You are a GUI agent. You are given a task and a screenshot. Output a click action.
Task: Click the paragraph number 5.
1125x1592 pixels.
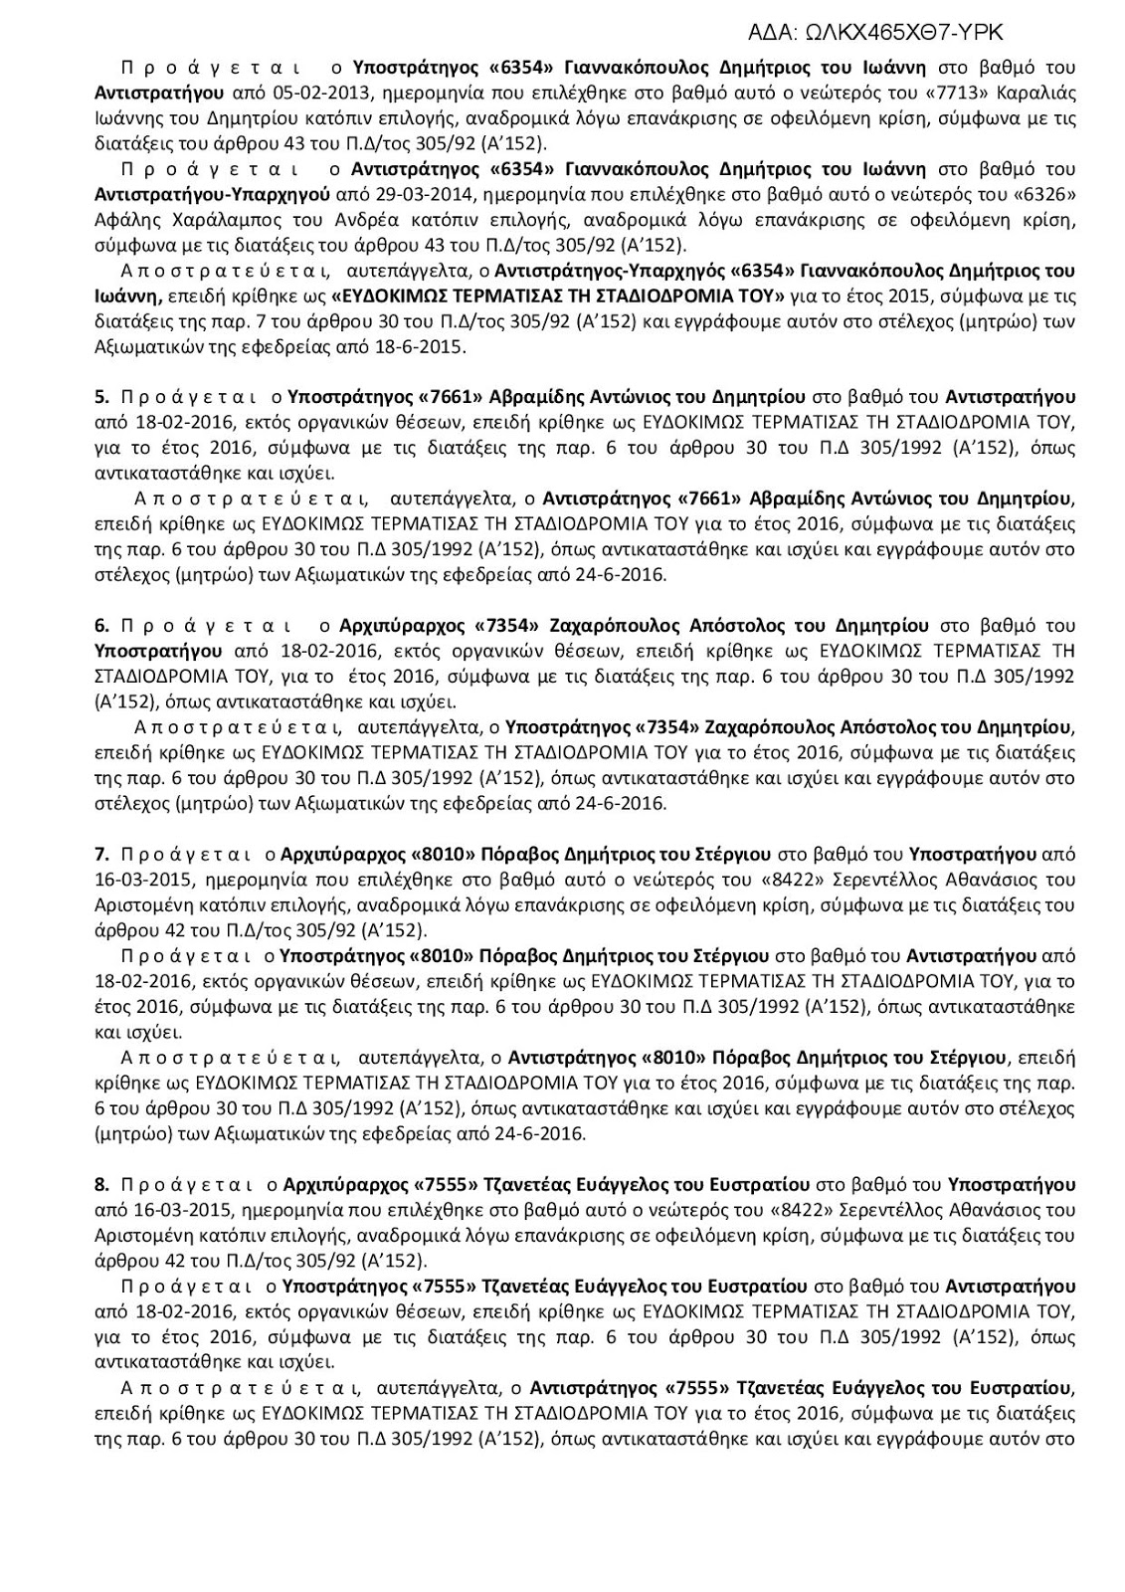101,397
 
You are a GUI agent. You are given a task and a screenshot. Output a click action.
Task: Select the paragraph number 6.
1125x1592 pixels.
101,625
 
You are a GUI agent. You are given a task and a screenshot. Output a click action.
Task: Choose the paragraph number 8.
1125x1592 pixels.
101,1184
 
